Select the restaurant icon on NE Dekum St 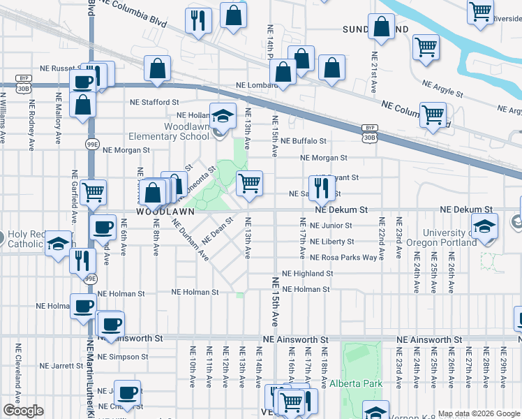(x=321, y=187)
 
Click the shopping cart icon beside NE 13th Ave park (x=249, y=183)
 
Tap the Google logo (x=22, y=411)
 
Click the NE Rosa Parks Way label (x=344, y=257)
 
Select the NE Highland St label (x=307, y=274)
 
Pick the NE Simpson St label (x=124, y=356)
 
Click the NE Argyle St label (x=442, y=88)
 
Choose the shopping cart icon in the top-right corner (x=480, y=11)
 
